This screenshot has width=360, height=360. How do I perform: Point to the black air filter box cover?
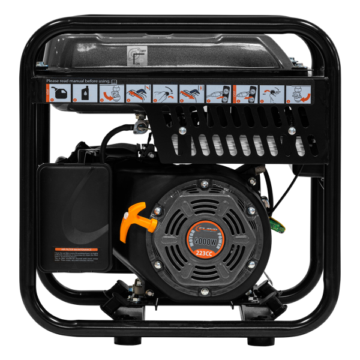(74, 210)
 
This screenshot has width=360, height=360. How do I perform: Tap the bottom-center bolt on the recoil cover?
(206, 281)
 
